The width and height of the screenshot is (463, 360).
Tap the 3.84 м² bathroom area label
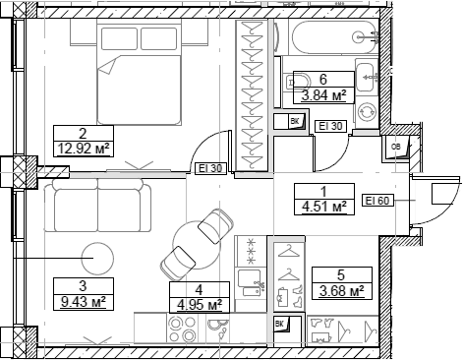tap(322, 95)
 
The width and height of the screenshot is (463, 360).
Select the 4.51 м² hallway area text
tap(325, 208)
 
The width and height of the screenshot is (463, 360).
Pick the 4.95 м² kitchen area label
tap(200, 304)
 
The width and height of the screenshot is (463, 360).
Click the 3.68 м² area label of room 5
tap(341, 291)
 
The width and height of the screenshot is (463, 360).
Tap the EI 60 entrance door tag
tap(378, 201)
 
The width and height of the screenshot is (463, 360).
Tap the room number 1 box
tap(325, 192)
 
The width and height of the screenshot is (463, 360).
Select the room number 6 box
tap(322, 80)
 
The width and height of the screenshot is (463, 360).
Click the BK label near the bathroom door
tap(294, 121)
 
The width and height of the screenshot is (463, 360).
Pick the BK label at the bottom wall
tap(279, 324)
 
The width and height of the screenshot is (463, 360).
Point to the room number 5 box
tap(341, 275)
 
